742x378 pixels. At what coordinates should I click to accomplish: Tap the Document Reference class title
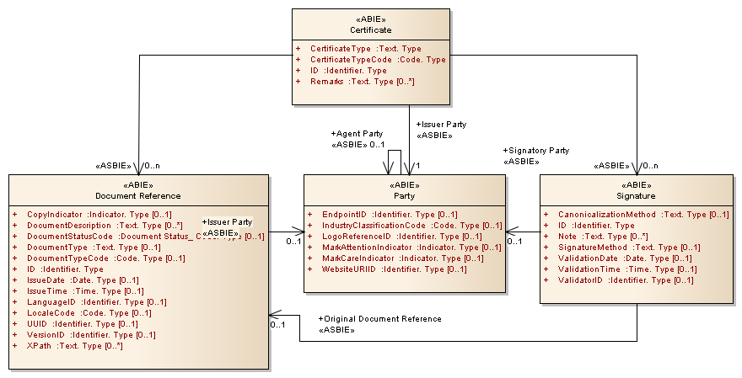tap(138, 196)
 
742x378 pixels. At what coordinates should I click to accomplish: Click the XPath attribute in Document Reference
tap(75, 346)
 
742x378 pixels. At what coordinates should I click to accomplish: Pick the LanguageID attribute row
tap(96, 302)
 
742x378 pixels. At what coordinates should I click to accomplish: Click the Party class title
tap(404, 196)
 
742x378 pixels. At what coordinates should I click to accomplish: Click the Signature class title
tap(636, 196)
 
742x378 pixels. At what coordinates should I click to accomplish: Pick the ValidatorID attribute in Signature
tap(626, 280)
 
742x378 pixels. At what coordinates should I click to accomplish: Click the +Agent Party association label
tap(358, 133)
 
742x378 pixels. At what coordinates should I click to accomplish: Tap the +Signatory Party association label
tap(535, 151)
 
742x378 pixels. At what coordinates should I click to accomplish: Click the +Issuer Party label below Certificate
tap(441, 124)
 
